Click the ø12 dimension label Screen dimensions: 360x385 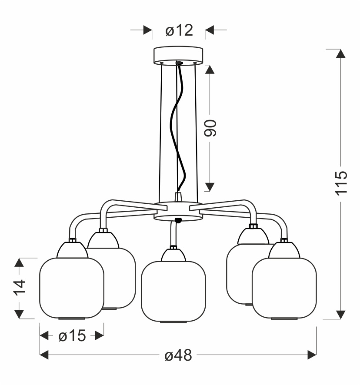point(179,30)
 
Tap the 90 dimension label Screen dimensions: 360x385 point(210,128)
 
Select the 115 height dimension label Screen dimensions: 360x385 point(341,183)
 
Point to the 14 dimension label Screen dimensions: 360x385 point(20,287)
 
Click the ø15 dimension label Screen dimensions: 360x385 point(72,335)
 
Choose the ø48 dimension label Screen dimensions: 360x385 point(178,355)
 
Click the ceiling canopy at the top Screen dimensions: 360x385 point(178,56)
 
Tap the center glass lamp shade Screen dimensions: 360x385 point(173,292)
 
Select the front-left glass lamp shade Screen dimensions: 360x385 point(72,288)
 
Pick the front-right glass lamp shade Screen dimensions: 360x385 point(284,288)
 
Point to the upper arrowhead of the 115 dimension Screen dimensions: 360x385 point(340,53)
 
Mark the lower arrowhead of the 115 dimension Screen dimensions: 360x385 point(340,315)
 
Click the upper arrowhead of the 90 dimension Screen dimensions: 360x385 point(210,70)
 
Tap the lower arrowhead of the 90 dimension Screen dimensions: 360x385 point(210,187)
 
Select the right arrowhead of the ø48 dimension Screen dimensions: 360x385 point(312,355)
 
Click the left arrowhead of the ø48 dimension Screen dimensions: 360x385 point(44,355)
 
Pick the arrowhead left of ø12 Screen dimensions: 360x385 point(147,30)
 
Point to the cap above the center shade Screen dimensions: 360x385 point(173,255)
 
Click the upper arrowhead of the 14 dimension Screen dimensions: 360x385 point(19,262)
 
